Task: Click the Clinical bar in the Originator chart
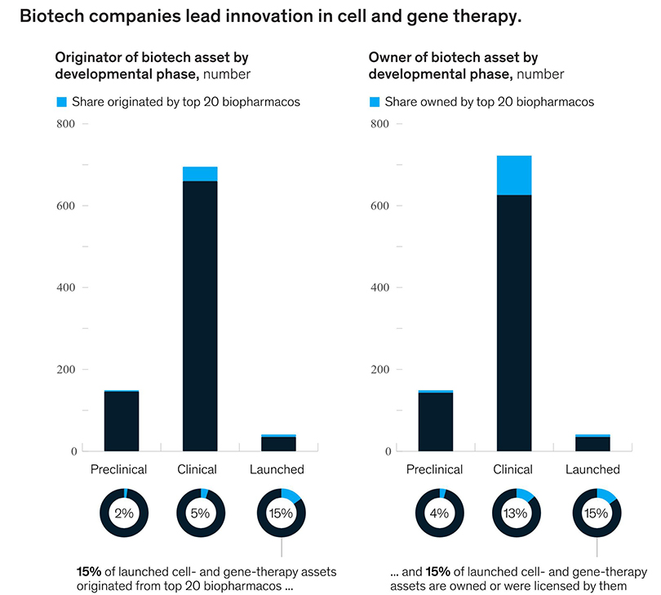[x=200, y=318]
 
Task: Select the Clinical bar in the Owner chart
[x=514, y=326]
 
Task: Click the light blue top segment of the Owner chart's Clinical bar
[x=514, y=175]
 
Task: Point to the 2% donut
[x=122, y=513]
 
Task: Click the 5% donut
[x=200, y=513]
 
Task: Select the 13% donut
[x=514, y=513]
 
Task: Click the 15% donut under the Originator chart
[x=279, y=513]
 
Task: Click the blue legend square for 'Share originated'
[x=61, y=102]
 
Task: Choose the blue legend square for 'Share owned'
[x=375, y=102]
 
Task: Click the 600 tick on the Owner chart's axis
[x=379, y=206]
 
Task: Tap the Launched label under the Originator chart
[x=279, y=469]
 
